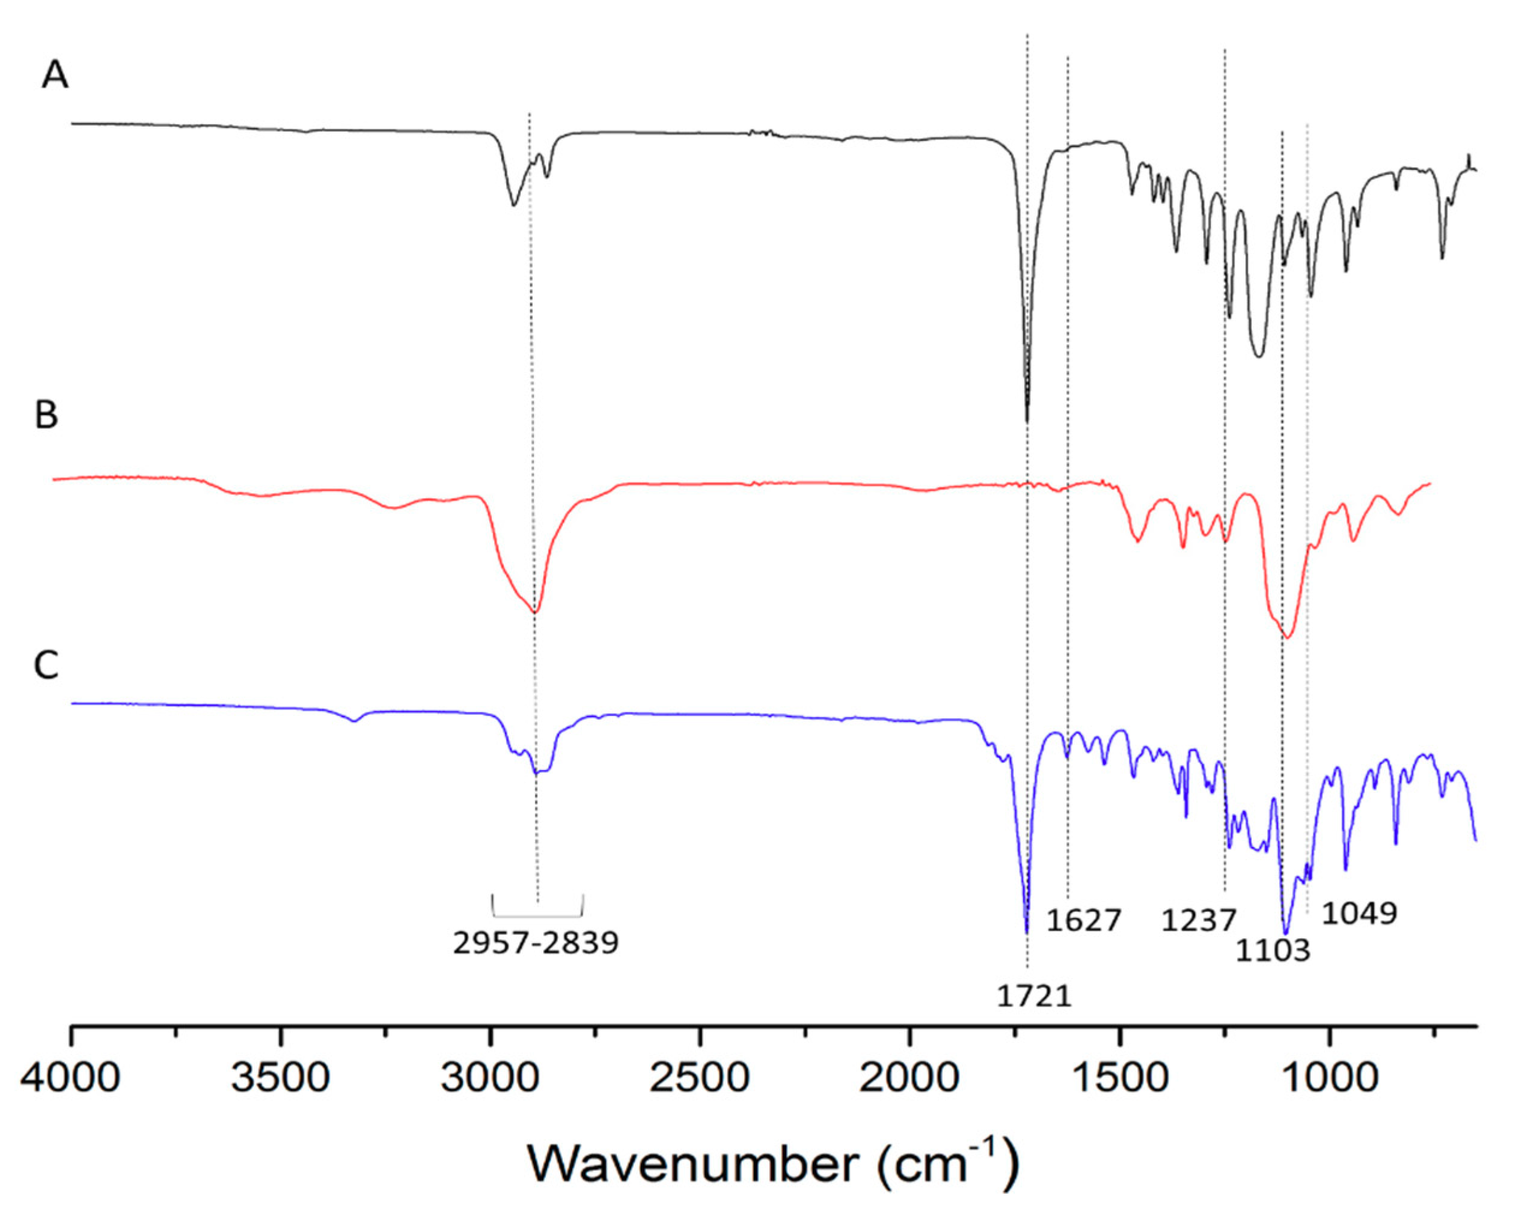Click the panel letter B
[47, 415]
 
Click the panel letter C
[47, 666]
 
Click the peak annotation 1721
[1034, 997]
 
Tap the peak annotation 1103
[1273, 951]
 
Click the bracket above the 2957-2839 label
[537, 915]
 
